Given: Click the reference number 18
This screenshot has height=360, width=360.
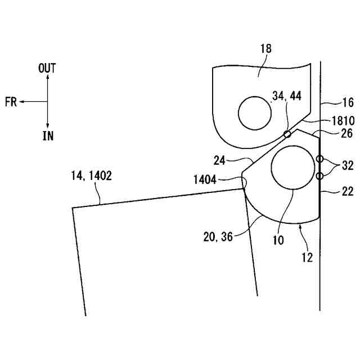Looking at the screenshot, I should (x=265, y=49).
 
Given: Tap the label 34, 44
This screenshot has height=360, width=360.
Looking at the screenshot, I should (x=286, y=97).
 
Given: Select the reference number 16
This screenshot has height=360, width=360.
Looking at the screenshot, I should (x=348, y=103).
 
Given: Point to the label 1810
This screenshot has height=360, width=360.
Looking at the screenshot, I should (x=343, y=121).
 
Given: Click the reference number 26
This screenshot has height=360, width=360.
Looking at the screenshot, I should (x=348, y=133).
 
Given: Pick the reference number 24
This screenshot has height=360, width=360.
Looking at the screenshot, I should (x=220, y=160).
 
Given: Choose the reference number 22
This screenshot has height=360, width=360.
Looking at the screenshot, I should (x=348, y=191).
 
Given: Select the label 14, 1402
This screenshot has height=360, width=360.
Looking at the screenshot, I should (x=92, y=176).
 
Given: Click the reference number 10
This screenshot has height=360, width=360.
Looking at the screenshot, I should (x=277, y=240).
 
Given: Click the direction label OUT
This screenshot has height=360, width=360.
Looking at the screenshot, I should (x=47, y=68).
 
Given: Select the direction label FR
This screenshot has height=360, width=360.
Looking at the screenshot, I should (x=10, y=102).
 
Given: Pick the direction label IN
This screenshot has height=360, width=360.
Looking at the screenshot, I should (x=48, y=136).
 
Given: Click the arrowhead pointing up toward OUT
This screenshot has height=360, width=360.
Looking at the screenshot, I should (x=48, y=78).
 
